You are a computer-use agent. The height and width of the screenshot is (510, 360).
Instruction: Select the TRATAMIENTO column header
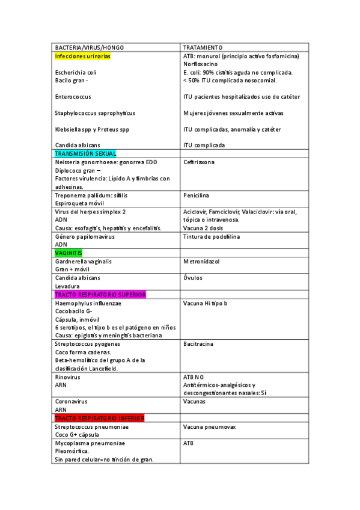tap(203, 48)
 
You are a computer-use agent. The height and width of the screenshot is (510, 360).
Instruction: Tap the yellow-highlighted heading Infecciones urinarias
tap(82, 56)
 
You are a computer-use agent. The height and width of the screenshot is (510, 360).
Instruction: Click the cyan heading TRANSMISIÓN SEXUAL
tap(85, 154)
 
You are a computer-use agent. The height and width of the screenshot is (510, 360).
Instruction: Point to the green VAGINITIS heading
tap(69, 253)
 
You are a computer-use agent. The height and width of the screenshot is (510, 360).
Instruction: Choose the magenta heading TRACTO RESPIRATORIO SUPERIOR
tap(100, 295)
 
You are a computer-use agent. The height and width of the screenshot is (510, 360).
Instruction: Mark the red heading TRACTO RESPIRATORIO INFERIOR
tap(99, 418)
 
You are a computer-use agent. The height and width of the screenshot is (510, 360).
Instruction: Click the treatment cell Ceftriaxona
tap(199, 162)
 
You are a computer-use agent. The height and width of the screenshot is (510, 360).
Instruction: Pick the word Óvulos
tap(193, 278)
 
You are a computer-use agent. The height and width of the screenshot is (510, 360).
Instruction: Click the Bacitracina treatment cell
tap(198, 344)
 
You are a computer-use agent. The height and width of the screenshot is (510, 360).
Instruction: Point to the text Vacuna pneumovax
tap(209, 426)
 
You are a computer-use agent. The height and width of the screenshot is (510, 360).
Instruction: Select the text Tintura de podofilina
tap(211, 236)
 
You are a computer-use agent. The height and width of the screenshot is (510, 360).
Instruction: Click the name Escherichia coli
tap(75, 73)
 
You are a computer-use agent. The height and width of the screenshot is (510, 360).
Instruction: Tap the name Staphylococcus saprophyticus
tap(95, 113)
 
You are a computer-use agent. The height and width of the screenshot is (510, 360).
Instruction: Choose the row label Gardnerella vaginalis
tap(83, 262)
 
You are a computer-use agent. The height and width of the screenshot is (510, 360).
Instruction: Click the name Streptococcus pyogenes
tap(87, 344)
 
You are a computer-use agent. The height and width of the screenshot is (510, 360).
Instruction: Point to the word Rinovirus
tap(67, 377)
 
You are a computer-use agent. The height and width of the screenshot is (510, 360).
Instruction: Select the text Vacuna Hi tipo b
tap(205, 303)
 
